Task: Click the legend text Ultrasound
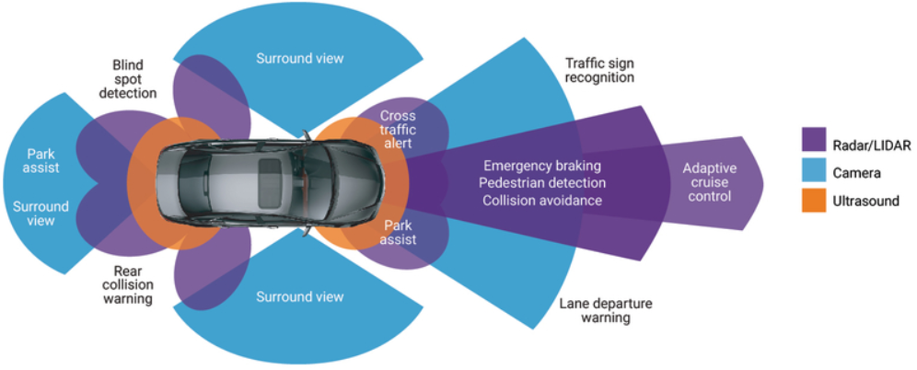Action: [x=867, y=201]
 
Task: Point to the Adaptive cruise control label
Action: [x=707, y=182]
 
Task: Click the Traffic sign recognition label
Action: [x=599, y=70]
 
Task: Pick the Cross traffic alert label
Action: [x=398, y=130]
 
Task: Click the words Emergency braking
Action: [x=541, y=166]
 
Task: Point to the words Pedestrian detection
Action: [x=541, y=182]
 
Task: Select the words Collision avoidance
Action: [x=541, y=200]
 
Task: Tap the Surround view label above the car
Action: [x=299, y=59]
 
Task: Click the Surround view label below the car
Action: [x=299, y=297]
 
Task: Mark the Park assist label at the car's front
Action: [x=399, y=231]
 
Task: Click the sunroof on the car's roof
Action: [x=273, y=169]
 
